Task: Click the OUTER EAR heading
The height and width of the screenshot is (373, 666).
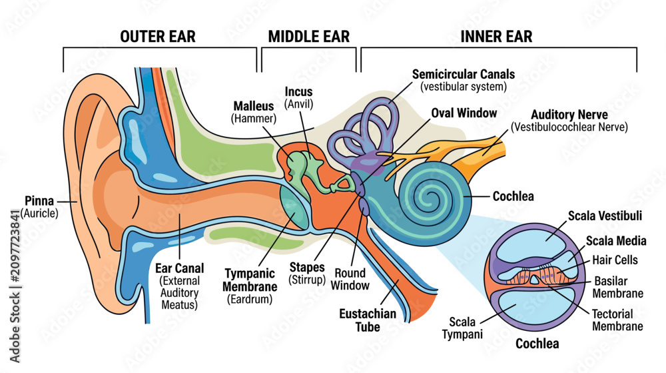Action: pyautogui.click(x=158, y=37)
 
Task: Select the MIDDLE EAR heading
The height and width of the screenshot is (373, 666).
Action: pyautogui.click(x=309, y=37)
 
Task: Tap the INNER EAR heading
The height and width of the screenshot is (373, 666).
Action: pyautogui.click(x=496, y=37)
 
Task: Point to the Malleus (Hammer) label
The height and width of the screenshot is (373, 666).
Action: pyautogui.click(x=254, y=112)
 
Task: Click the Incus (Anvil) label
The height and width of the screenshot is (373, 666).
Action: pyautogui.click(x=298, y=98)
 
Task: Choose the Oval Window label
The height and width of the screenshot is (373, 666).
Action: pyautogui.click(x=464, y=113)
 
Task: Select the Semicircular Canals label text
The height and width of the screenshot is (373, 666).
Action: pyautogui.click(x=464, y=80)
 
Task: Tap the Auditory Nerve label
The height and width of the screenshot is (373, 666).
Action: pyautogui.click(x=569, y=121)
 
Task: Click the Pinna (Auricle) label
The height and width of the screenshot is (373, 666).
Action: pyautogui.click(x=39, y=207)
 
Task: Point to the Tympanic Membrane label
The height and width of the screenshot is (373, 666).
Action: pyautogui.click(x=250, y=286)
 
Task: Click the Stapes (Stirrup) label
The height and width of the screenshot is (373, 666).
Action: pyautogui.click(x=307, y=274)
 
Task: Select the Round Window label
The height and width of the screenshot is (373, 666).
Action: pyautogui.click(x=350, y=279)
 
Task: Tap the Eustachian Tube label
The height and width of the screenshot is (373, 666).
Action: pyautogui.click(x=368, y=320)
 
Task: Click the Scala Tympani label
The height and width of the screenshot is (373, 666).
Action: pyautogui.click(x=462, y=328)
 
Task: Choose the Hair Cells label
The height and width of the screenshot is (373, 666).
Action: pyautogui.click(x=615, y=260)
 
